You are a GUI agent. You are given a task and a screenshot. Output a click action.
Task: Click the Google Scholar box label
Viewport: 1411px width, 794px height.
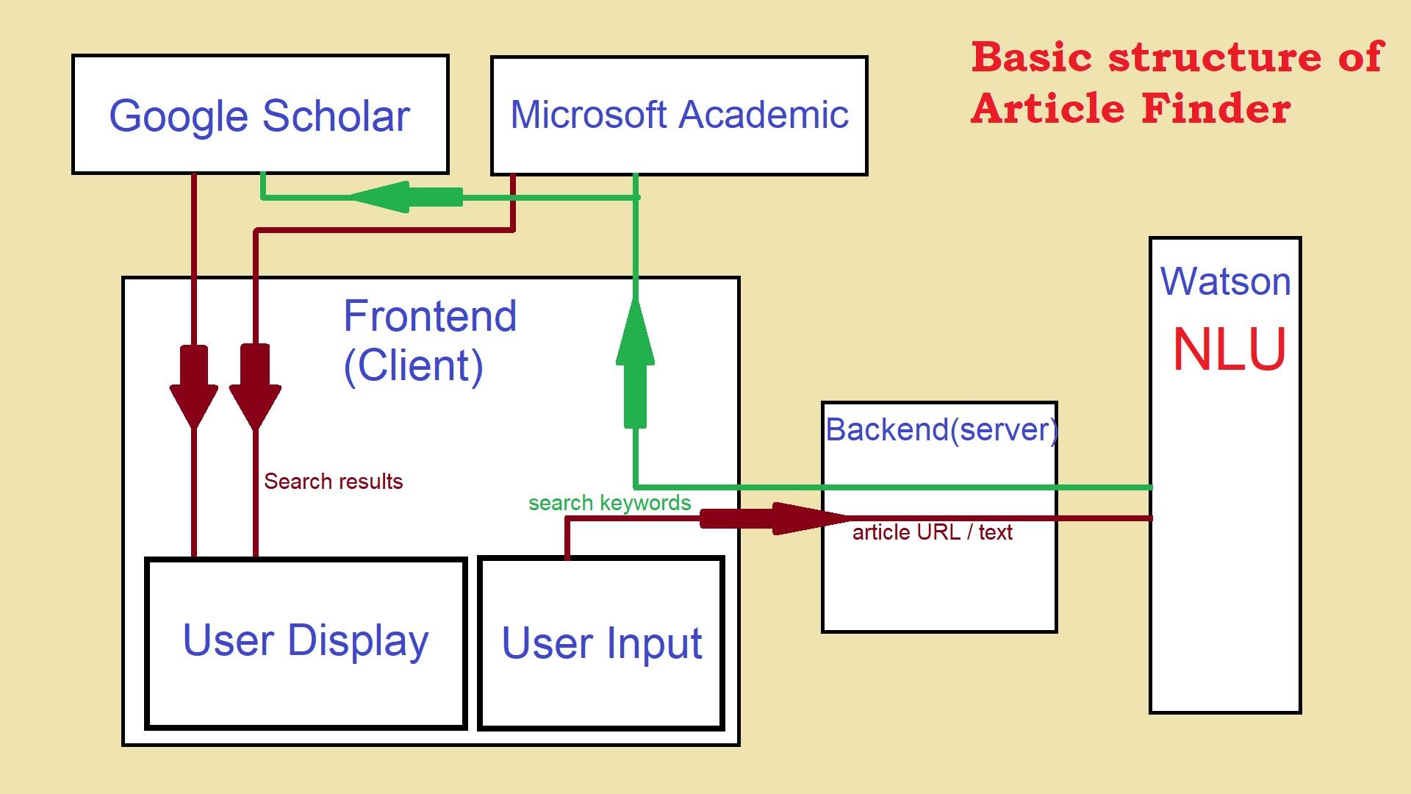[x=259, y=116]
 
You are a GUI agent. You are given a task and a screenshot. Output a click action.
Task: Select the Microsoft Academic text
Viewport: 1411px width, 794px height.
[x=679, y=115]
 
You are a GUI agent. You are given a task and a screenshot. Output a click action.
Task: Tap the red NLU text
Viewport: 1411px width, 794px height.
[x=1229, y=350]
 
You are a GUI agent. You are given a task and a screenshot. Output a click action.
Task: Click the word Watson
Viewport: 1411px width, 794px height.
[x=1225, y=282]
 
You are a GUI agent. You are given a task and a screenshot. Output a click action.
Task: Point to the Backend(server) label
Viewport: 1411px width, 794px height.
[x=941, y=429]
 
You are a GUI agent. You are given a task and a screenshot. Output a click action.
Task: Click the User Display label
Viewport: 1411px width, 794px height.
[x=306, y=641]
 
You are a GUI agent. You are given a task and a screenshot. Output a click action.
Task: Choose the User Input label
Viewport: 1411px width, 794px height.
[x=601, y=644]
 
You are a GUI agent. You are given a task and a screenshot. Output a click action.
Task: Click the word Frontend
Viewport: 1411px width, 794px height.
[x=430, y=316]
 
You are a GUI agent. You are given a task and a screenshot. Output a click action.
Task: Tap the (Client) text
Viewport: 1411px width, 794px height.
[x=413, y=365]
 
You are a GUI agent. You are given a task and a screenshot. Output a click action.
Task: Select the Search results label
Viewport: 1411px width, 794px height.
[x=333, y=482]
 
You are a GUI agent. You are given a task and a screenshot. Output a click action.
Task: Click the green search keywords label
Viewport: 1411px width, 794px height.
[x=609, y=503]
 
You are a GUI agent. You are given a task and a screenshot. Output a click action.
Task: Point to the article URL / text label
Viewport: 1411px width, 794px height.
[x=932, y=532]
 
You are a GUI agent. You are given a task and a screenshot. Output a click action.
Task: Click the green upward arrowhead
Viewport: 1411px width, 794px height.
[x=635, y=335]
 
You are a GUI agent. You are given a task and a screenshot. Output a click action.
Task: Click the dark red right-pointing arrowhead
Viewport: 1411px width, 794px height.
[x=808, y=519]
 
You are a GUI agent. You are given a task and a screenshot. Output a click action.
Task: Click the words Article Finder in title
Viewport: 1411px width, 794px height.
[x=1130, y=109]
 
